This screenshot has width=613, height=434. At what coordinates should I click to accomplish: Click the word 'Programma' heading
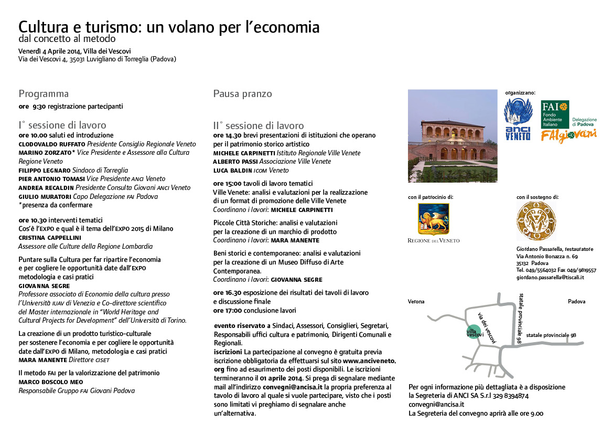pyautogui.click(x=44, y=94)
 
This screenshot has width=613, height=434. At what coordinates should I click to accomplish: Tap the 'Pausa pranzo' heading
pyautogui.click(x=242, y=94)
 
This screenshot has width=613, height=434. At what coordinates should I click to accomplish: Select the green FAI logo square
pyautogui.click(x=555, y=114)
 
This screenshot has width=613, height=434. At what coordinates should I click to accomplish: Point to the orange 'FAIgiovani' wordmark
pyautogui.click(x=569, y=135)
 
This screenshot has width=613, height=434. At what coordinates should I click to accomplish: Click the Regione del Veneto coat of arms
pyautogui.click(x=433, y=219)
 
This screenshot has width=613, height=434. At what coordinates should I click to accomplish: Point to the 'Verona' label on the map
pyautogui.click(x=416, y=302)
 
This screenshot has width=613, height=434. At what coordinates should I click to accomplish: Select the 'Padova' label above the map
pyautogui.click(x=576, y=302)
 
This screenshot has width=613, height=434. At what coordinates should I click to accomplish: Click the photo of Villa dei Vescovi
pyautogui.click(x=453, y=136)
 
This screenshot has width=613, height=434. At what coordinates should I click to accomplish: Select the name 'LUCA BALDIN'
pyautogui.click(x=232, y=171)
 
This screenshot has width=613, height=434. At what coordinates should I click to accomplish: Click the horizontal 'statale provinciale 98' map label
pyautogui.click(x=551, y=335)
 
